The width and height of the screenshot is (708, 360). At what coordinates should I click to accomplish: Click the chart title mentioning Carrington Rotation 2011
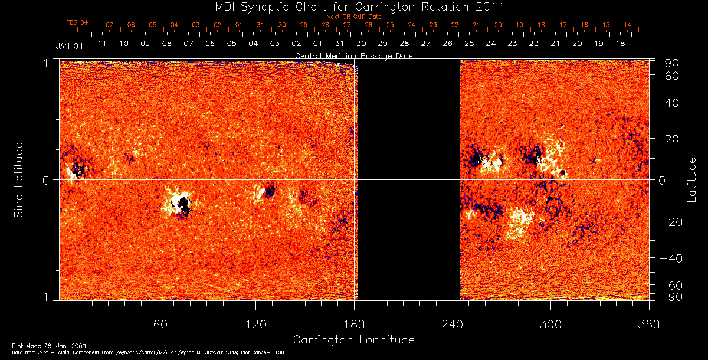coord(353,7)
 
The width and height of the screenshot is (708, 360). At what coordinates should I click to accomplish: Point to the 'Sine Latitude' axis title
coord(19,179)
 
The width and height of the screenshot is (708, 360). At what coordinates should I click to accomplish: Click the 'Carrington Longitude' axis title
coord(353,340)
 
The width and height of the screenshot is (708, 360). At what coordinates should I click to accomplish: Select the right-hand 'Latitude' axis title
coord(692,179)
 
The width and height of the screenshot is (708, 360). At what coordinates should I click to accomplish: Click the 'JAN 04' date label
coord(70,46)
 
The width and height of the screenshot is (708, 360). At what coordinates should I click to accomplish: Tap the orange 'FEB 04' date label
coord(77,22)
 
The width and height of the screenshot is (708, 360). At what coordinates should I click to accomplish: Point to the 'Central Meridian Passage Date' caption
coord(353,56)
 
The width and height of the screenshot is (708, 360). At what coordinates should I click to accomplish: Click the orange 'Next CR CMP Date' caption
coord(353,17)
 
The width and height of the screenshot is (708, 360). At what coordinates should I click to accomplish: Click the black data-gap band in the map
coord(408,179)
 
